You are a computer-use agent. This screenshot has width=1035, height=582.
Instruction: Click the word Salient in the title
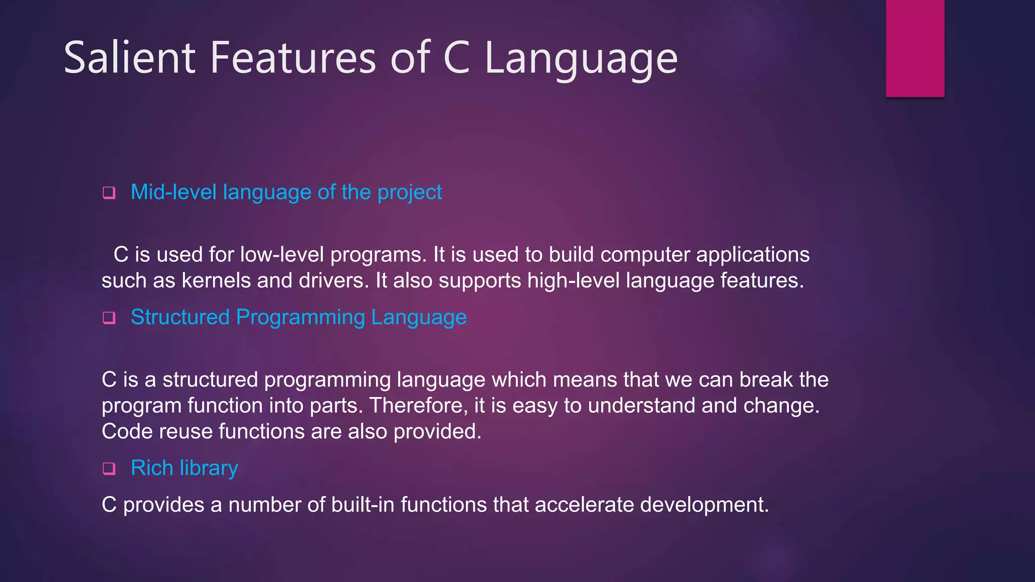(129, 58)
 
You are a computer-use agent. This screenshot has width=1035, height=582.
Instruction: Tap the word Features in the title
(293, 58)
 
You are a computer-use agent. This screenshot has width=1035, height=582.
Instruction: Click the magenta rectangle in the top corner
(915, 48)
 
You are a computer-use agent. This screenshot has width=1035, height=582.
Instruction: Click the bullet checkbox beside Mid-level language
(109, 193)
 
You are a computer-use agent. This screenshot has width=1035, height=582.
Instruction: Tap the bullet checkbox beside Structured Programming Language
(109, 318)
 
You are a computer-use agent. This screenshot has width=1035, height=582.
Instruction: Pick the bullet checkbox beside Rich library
(109, 469)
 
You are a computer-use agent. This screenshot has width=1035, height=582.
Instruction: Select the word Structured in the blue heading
(180, 317)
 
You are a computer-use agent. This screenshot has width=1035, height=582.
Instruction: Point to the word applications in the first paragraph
(752, 255)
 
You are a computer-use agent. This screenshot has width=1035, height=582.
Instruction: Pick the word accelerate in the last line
(584, 505)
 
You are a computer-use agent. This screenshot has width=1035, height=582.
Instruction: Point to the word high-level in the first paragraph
(573, 281)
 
